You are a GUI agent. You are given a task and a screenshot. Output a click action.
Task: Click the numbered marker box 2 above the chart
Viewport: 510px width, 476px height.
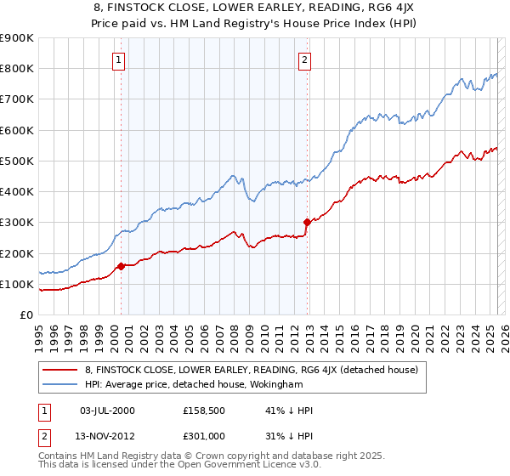coord(304,59)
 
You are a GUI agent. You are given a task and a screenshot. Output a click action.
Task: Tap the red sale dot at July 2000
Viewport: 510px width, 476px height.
coord(121,266)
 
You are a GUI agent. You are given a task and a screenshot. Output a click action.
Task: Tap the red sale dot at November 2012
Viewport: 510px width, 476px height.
coord(307,222)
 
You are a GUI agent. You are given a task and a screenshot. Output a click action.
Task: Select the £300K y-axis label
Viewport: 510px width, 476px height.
coord(17,223)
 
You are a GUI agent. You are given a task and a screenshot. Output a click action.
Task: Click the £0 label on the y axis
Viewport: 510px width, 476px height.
coord(25,315)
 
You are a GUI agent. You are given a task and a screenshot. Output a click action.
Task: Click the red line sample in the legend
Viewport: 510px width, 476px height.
coord(60,370)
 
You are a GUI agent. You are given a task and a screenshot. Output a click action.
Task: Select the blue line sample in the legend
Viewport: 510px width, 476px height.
coord(60,384)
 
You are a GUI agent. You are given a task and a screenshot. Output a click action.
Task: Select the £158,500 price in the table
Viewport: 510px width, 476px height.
coord(203,411)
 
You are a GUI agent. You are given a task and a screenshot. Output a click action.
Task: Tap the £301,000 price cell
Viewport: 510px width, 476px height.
coord(203,436)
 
